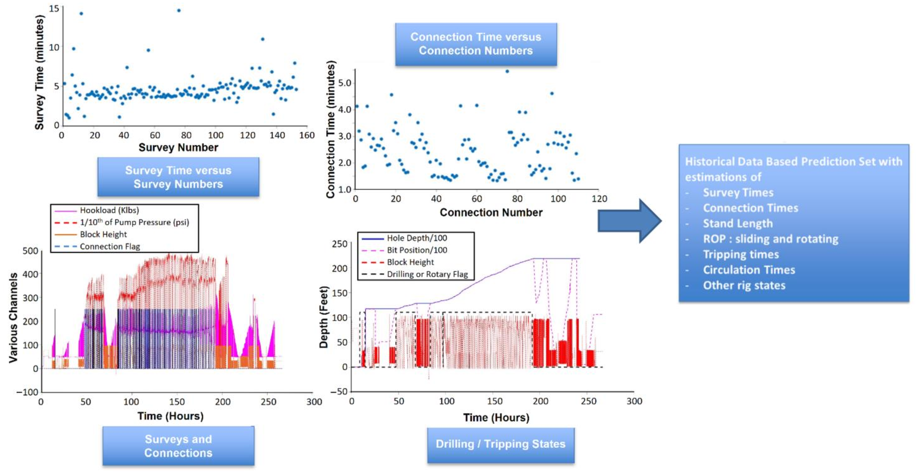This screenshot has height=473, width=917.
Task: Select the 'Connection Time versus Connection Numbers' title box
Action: pyautogui.click(x=476, y=44)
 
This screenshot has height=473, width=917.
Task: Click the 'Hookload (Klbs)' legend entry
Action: pyautogui.click(x=109, y=210)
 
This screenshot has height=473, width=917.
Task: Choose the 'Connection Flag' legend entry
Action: pyautogui.click(x=110, y=247)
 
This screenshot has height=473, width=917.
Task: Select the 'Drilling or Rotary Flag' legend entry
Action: pyautogui.click(x=427, y=274)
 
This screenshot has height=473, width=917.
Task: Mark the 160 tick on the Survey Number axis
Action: pyautogui.click(x=307, y=135)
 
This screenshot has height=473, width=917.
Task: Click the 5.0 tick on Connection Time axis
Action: pyautogui.click(x=344, y=83)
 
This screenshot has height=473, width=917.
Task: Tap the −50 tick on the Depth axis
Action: pyautogui.click(x=339, y=392)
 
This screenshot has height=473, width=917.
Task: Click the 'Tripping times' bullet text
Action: pyautogui.click(x=741, y=254)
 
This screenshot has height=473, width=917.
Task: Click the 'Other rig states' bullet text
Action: pyautogui.click(x=744, y=285)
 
